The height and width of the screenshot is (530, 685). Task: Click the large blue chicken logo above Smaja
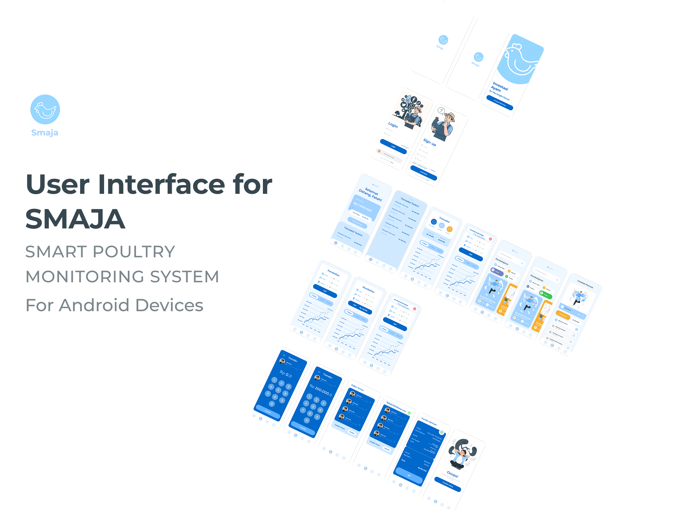click(45, 110)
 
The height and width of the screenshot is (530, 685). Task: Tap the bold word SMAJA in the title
click(75, 219)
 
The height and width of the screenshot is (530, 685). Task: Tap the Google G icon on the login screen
click(379, 151)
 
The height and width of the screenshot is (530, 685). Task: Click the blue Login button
click(393, 147)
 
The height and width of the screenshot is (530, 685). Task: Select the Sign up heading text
click(429, 142)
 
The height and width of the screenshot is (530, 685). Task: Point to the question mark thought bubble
click(441, 110)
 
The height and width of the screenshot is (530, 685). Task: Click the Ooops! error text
click(452, 474)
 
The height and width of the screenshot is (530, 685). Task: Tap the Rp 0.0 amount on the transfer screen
click(286, 374)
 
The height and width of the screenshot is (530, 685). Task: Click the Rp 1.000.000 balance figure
click(363, 207)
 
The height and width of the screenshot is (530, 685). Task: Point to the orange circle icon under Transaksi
click(449, 229)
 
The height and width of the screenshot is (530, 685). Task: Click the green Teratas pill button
click(545, 294)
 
